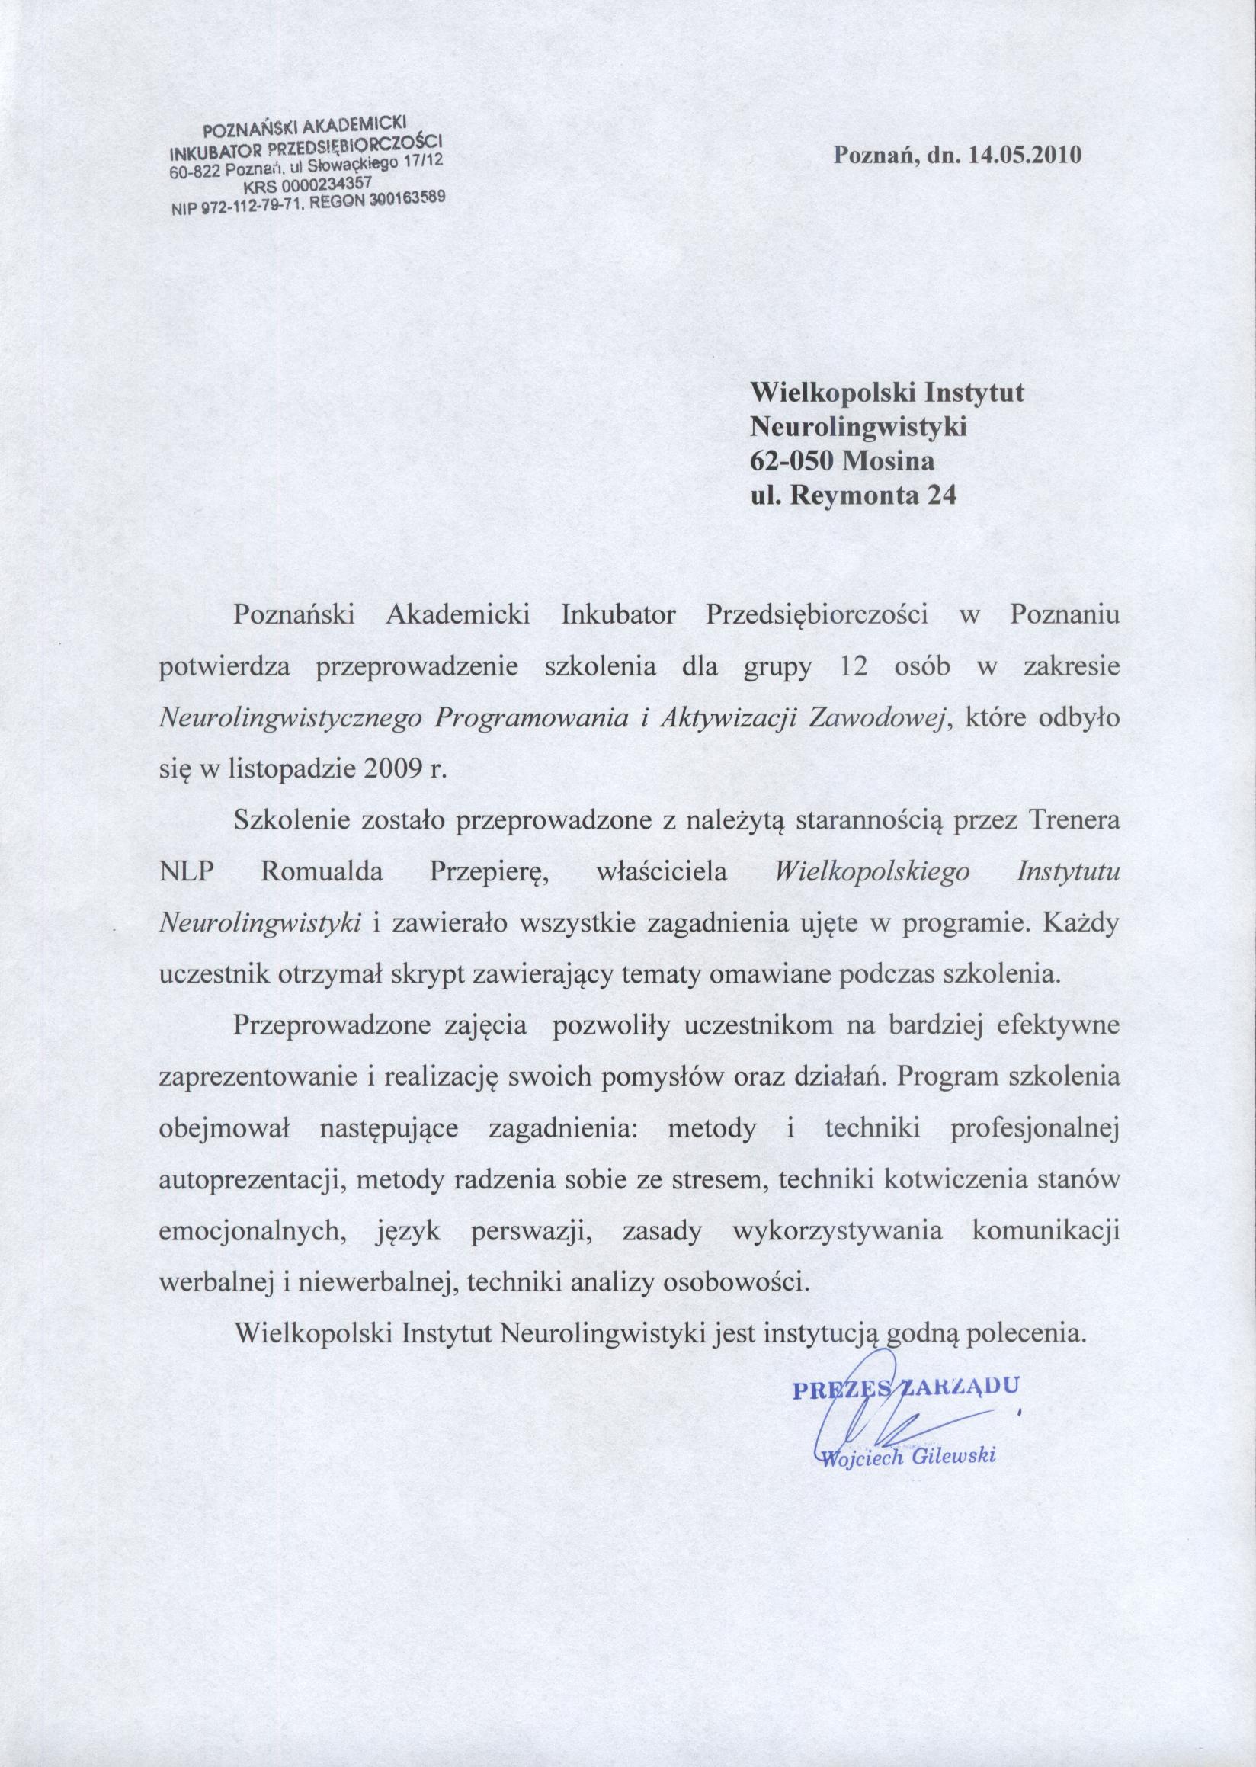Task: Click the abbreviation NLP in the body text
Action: click(x=186, y=874)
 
